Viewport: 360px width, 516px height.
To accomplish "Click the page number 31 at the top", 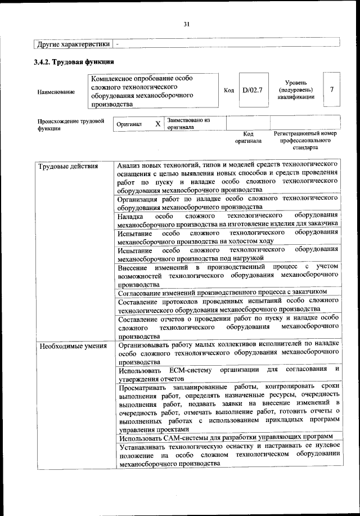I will (187, 23).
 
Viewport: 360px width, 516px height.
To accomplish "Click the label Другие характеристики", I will (73, 43).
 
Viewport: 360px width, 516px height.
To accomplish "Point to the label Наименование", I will (56, 92).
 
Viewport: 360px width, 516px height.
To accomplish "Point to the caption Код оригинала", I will (248, 138).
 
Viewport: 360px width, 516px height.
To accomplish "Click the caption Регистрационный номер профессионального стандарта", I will (305, 141).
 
